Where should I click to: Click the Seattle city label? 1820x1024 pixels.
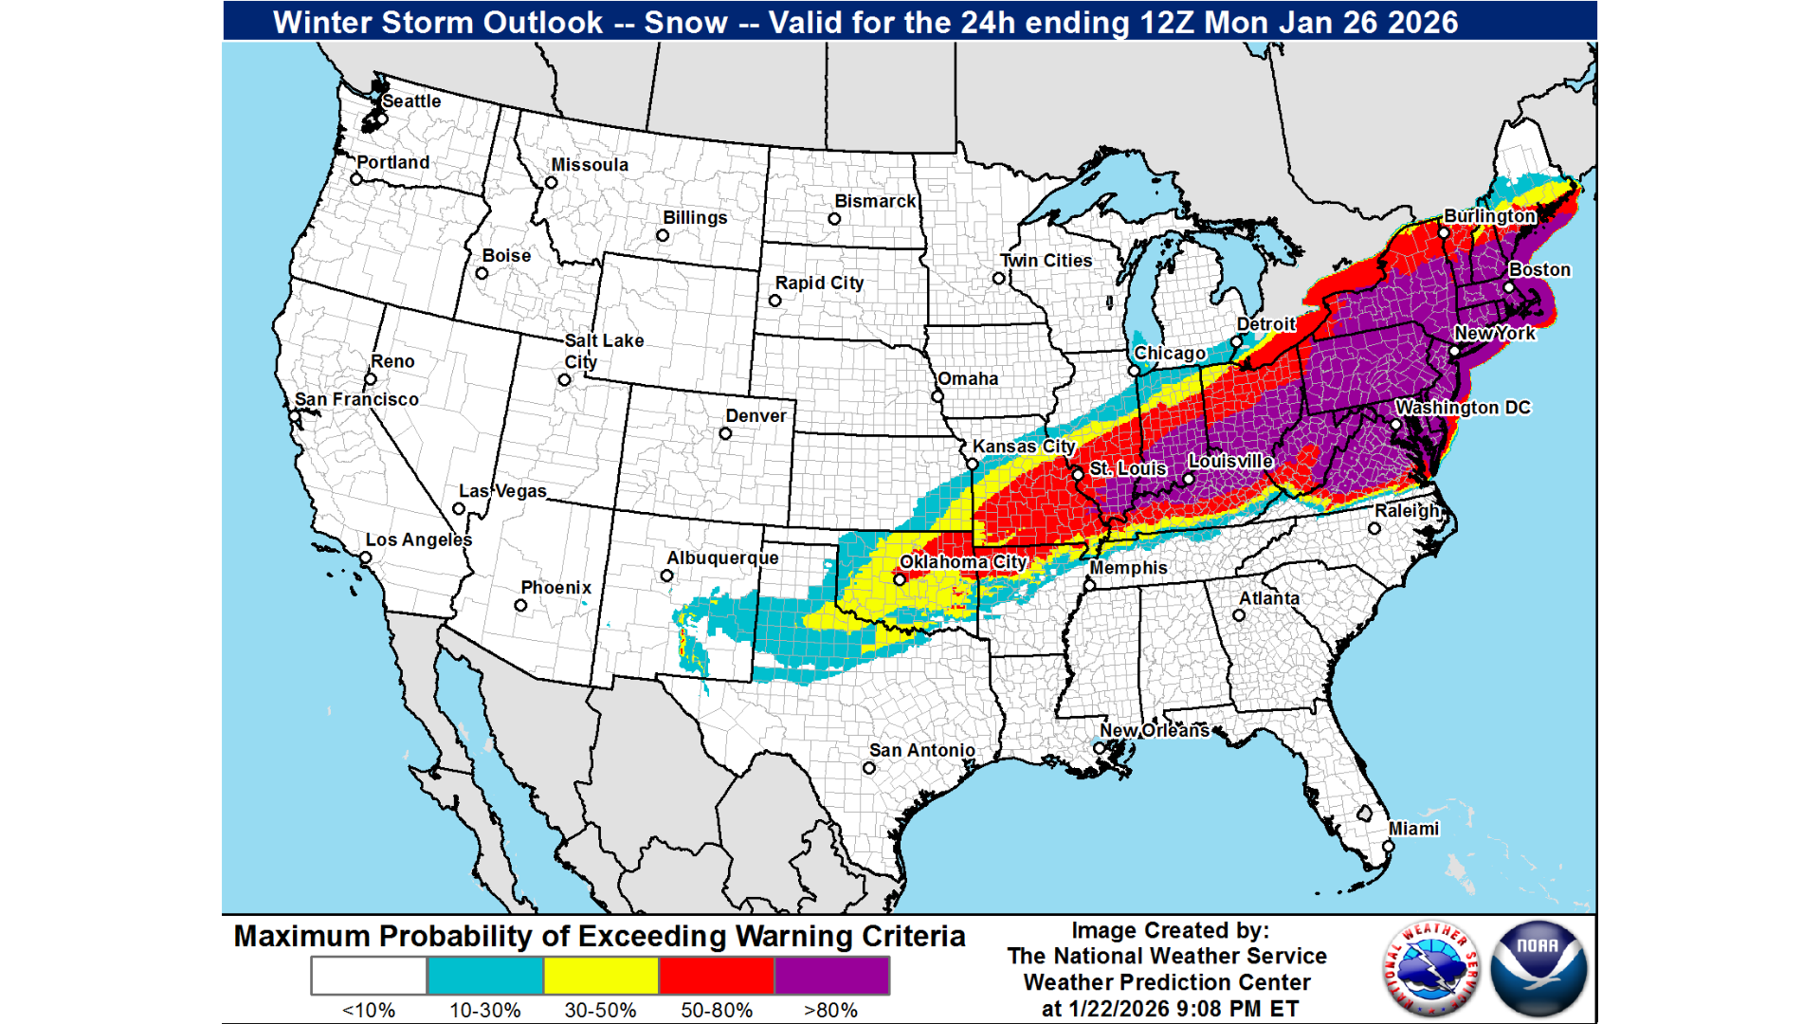411,101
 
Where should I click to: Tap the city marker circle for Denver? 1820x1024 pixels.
725,434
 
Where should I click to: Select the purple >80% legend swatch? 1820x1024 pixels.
831,976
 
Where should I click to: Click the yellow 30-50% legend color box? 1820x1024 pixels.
600,976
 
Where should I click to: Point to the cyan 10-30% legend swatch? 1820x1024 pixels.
484,976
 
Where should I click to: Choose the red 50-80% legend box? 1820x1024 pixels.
716,976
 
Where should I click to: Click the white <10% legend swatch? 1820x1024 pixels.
369,976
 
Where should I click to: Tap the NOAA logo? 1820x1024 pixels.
1538,968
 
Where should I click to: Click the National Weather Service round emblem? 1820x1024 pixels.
1431,968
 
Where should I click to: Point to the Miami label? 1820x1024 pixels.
1413,829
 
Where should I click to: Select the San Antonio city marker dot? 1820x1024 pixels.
869,768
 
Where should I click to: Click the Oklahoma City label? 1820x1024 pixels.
963,562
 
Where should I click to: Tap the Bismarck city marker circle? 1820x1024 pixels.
834,219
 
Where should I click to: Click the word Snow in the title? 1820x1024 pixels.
685,22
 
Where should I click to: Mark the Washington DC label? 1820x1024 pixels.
1463,408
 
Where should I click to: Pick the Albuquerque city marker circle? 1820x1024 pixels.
667,576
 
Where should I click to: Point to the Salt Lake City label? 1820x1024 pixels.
603,350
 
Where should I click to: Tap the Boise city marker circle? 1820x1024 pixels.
482,274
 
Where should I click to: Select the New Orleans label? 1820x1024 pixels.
1155,731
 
